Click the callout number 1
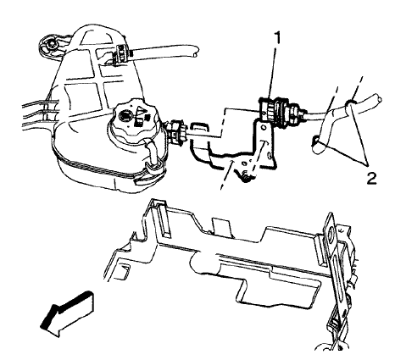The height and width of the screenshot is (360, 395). click(x=277, y=38)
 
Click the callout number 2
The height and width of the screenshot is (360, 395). click(x=371, y=179)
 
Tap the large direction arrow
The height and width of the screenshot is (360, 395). click(x=67, y=313)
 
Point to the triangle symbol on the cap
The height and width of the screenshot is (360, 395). click(x=140, y=108)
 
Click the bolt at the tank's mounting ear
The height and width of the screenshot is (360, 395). click(x=51, y=44)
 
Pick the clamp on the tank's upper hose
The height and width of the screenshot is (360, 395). click(x=122, y=53)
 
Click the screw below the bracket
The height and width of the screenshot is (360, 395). click(x=247, y=177)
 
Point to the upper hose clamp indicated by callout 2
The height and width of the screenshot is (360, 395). click(x=349, y=103)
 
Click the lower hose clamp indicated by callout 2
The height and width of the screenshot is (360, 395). click(x=315, y=141)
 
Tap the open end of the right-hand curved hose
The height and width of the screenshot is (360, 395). click(x=378, y=99)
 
